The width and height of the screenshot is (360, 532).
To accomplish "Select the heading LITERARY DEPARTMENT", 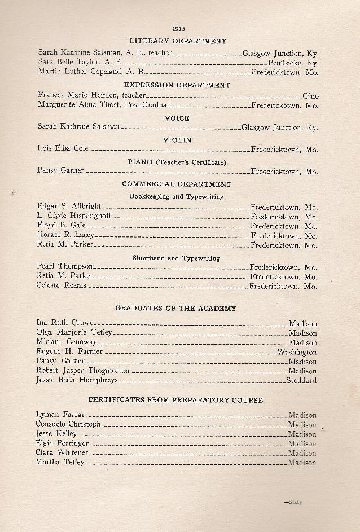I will coord(178,41).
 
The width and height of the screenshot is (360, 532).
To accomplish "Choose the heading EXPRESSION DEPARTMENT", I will coord(177,85).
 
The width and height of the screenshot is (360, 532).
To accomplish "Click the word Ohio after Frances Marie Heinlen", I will coord(310,96).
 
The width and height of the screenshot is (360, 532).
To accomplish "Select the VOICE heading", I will coord(177,118).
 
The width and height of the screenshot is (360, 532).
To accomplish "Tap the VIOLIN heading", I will coord(177,140).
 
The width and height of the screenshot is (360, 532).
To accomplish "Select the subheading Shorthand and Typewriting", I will coord(176,258).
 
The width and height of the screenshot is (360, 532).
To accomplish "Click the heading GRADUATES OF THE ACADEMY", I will coord(175,309).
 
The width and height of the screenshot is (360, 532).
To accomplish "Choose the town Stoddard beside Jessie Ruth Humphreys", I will coord(301,380).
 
